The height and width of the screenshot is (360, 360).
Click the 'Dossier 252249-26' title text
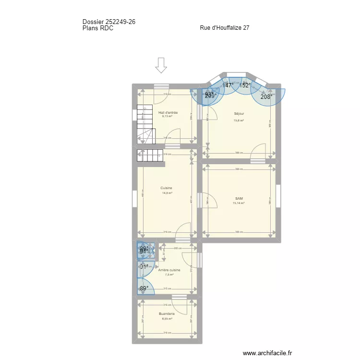[111, 22]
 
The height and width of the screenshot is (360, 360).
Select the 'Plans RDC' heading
[98, 28]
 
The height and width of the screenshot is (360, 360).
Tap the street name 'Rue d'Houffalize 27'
[224, 28]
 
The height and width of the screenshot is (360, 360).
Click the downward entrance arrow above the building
[161, 65]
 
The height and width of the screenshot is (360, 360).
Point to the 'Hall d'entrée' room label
[168, 112]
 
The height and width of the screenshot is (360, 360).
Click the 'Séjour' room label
[239, 114]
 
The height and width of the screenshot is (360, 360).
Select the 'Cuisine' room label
[167, 188]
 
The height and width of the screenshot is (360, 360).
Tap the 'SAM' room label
[239, 198]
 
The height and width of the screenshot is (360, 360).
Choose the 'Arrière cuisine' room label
[169, 270]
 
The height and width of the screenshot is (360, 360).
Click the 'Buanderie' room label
[167, 314]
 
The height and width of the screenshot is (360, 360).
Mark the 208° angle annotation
[266, 96]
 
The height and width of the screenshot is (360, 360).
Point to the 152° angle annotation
[245, 85]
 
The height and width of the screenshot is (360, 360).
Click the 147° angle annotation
[228, 85]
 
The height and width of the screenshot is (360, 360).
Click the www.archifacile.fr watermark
[267, 353]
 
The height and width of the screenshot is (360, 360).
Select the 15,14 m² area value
[239, 203]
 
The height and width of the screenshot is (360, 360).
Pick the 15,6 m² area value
[239, 120]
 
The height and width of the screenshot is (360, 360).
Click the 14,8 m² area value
[167, 193]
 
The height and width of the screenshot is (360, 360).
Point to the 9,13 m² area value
[167, 116]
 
